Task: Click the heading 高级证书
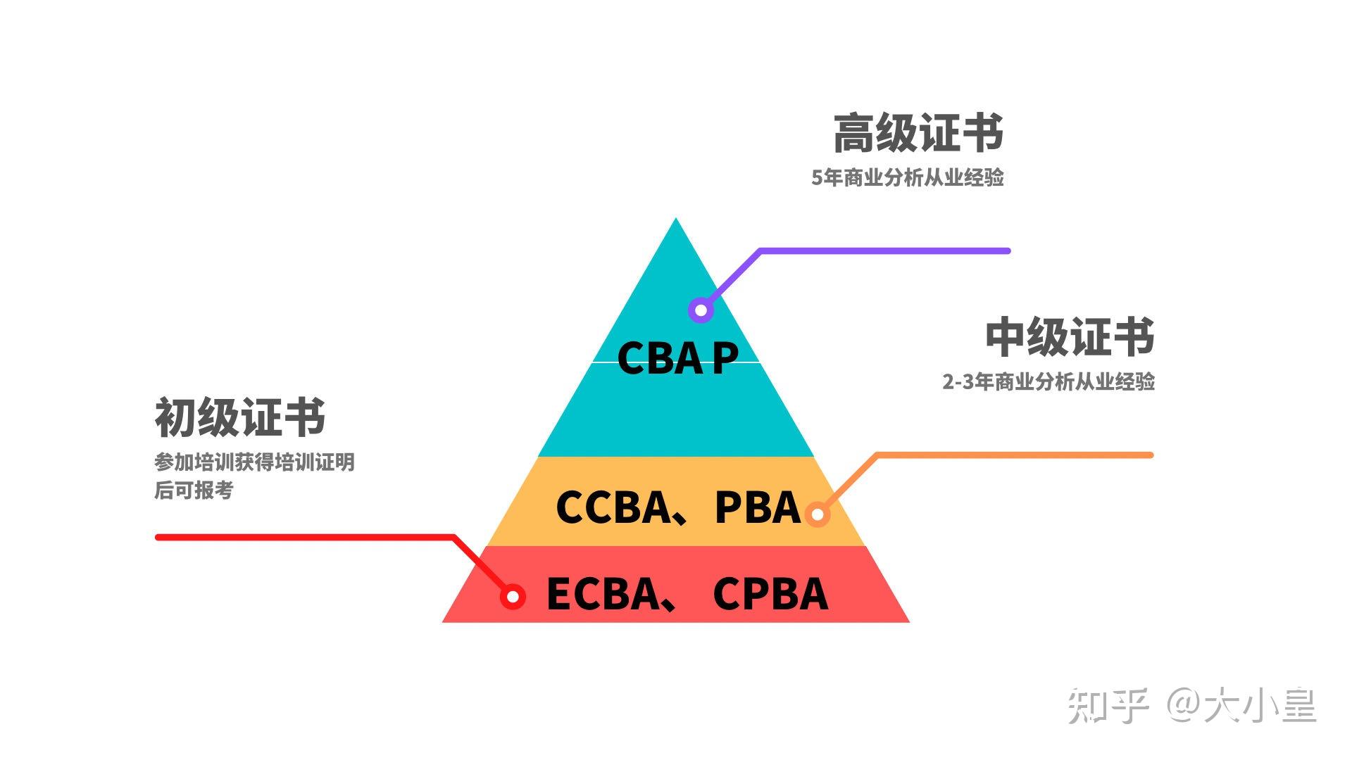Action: click(918, 134)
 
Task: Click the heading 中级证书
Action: click(1070, 337)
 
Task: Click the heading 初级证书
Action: click(240, 417)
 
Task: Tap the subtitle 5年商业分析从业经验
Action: click(907, 177)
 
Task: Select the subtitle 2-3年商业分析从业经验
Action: click(1048, 381)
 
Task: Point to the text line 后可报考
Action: click(194, 490)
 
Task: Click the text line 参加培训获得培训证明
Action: click(254, 462)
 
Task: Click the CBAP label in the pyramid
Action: click(677, 357)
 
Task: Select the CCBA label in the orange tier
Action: click(613, 507)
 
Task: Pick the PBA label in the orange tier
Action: click(758, 507)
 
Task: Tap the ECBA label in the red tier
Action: click(602, 594)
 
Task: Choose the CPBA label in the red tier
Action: click(770, 594)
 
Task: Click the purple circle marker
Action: click(701, 310)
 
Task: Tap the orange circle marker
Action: click(817, 514)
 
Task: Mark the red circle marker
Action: click(513, 597)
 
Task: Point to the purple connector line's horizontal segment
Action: click(884, 251)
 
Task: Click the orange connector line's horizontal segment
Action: click(1014, 455)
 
